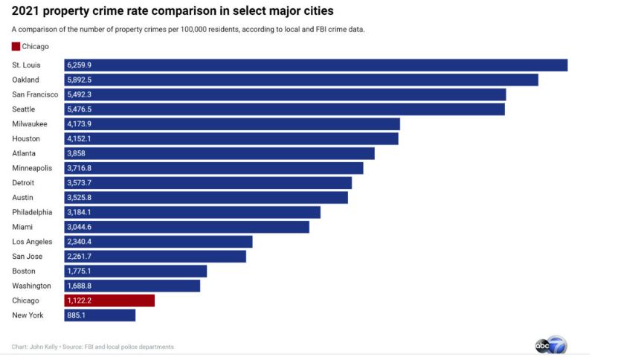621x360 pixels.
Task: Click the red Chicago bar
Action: (x=109, y=300)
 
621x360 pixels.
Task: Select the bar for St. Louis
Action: (x=316, y=65)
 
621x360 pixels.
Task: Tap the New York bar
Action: (x=100, y=315)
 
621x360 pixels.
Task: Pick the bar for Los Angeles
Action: (x=158, y=242)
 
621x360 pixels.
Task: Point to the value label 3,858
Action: (x=77, y=153)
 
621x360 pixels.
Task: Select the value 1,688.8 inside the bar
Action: (x=80, y=286)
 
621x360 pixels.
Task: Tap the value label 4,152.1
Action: (x=80, y=138)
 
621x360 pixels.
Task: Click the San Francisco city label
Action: (x=35, y=94)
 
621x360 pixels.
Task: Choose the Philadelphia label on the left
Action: (x=32, y=212)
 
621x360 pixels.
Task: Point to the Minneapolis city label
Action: (x=32, y=168)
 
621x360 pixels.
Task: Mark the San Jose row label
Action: (x=28, y=257)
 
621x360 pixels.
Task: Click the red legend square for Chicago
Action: (x=16, y=47)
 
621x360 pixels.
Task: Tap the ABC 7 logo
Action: (x=550, y=345)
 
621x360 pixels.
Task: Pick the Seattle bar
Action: (x=285, y=109)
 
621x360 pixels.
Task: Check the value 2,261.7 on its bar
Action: (x=80, y=257)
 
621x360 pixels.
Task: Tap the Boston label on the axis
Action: (x=24, y=271)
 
